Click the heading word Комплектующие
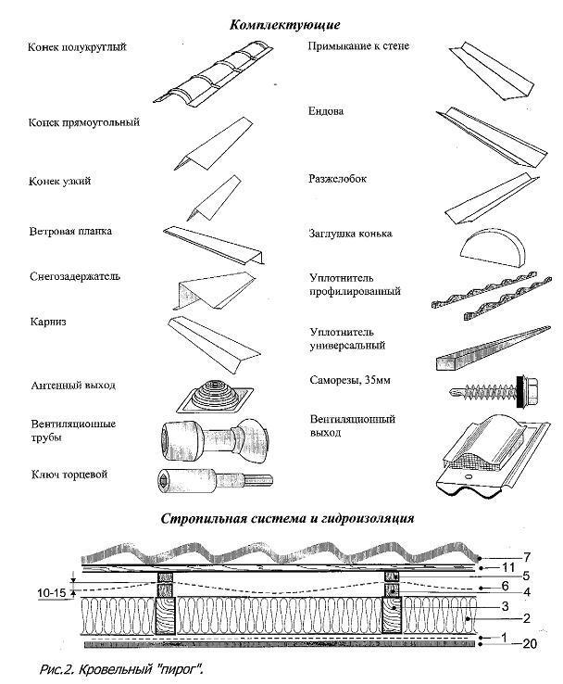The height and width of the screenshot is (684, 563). point(286,23)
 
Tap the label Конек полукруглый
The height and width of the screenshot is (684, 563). point(77,47)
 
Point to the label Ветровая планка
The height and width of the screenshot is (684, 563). point(70,231)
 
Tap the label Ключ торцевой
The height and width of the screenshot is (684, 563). point(69,475)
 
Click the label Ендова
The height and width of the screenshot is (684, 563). point(326,112)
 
